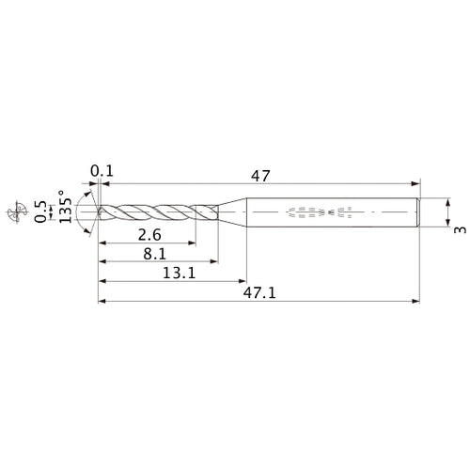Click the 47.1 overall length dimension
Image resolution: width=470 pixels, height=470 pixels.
(x=258, y=292)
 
